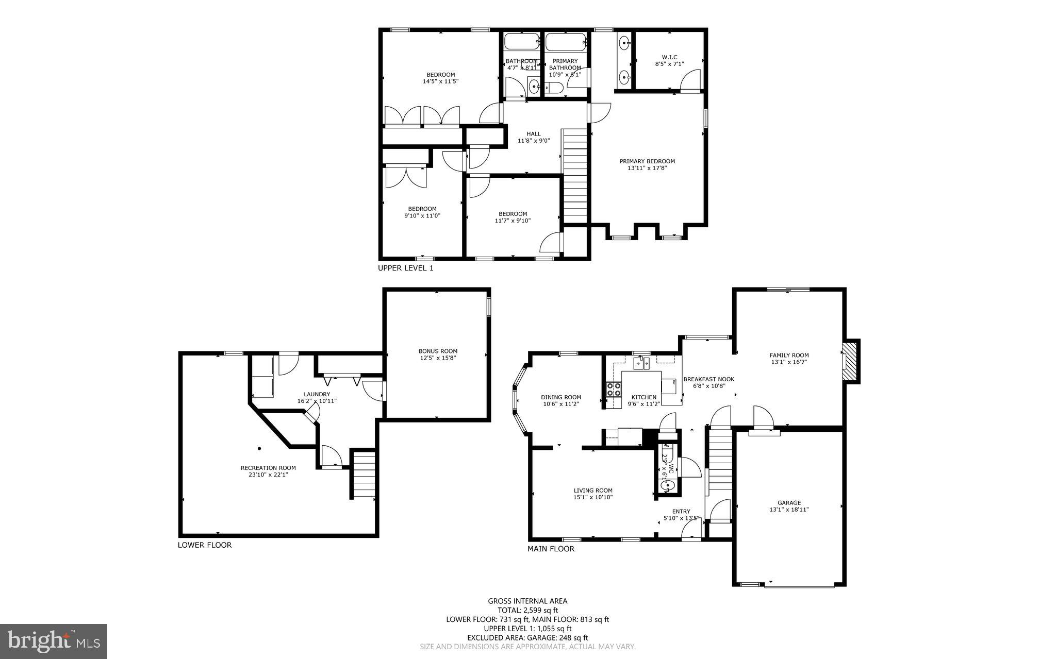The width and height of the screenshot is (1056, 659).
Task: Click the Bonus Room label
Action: click(x=438, y=351)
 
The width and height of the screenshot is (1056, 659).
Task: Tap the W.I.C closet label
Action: click(x=669, y=57)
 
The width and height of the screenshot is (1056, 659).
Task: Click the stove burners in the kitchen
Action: click(x=614, y=390)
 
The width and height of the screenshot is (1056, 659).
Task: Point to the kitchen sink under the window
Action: click(x=642, y=363)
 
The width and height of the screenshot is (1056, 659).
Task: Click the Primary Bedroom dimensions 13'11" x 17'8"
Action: click(x=647, y=167)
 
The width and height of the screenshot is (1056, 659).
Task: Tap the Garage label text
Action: click(x=789, y=503)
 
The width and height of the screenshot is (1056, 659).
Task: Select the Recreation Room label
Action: click(x=268, y=468)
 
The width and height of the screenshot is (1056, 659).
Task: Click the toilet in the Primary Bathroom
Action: click(x=554, y=89)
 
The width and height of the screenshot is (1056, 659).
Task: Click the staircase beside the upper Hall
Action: click(x=575, y=175)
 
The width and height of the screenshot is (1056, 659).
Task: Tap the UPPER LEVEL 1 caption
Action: click(x=406, y=268)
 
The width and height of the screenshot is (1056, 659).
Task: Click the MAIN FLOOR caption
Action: click(x=551, y=549)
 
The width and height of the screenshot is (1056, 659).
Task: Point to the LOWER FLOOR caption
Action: click(x=205, y=545)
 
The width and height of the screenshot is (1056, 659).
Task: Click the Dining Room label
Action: click(x=561, y=397)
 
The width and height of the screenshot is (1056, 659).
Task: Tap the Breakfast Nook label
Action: click(x=708, y=379)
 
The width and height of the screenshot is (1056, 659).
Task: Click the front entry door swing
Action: click(x=691, y=530)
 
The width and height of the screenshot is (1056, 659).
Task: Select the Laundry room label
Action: click(x=317, y=394)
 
